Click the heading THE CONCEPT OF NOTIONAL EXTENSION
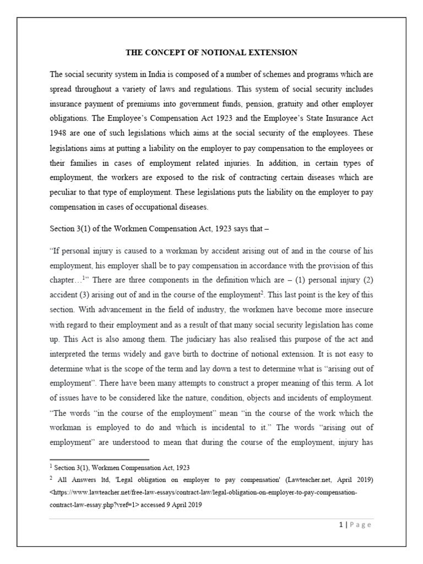211,53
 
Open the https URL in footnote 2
204,492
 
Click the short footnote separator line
99,459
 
